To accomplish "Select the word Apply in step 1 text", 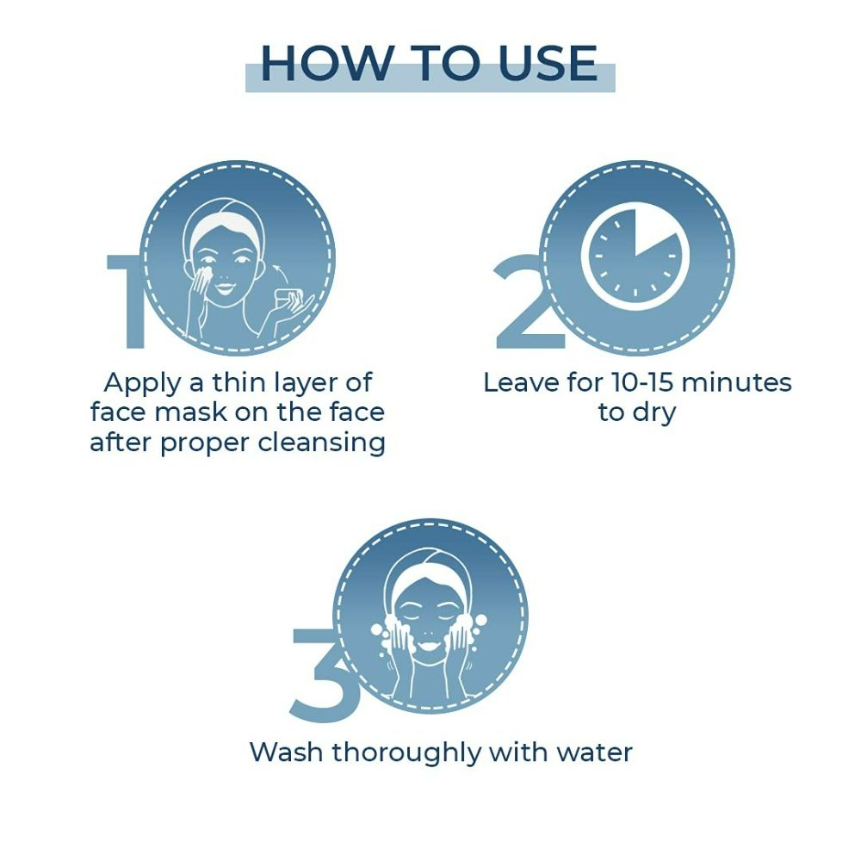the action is pos(142,384).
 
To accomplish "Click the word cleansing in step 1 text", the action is pos(322,443).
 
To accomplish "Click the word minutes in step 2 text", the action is pos(736,383).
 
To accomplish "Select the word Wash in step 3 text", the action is pos(286,752).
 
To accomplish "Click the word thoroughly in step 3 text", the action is pos(406,753).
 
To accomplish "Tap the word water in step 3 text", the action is pos(595,753).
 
